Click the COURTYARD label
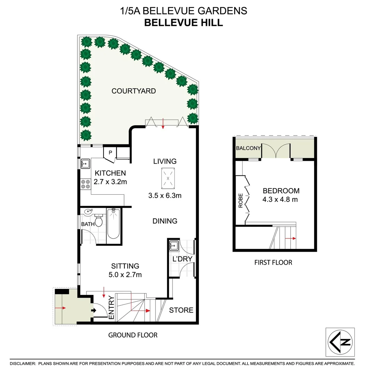tap(133, 91)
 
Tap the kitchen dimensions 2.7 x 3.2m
tap(110, 181)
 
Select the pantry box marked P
tap(110, 152)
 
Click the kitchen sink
tap(85, 163)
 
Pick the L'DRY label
tap(180, 259)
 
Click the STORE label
tap(181, 310)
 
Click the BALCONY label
tap(248, 148)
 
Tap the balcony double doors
tap(276, 150)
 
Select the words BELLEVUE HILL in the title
tap(183, 23)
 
